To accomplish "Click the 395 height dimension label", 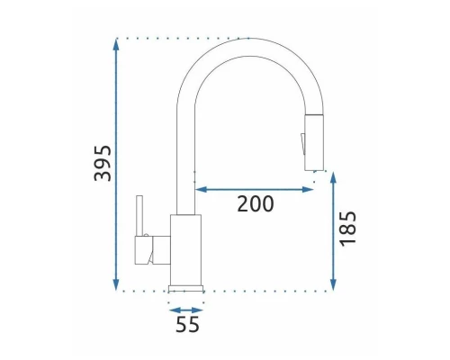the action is (103, 163).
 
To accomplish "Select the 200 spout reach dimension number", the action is (256, 204).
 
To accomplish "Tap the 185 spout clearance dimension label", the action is (348, 229).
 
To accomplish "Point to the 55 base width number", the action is (187, 324).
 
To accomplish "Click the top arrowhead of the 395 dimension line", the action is (116, 44).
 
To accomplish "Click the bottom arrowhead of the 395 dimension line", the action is (116, 284).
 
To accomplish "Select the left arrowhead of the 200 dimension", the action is (202, 189).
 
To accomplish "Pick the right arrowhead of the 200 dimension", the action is (308, 189).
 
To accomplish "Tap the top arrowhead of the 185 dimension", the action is (333, 177).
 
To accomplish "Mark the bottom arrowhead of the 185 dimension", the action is (333, 284).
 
